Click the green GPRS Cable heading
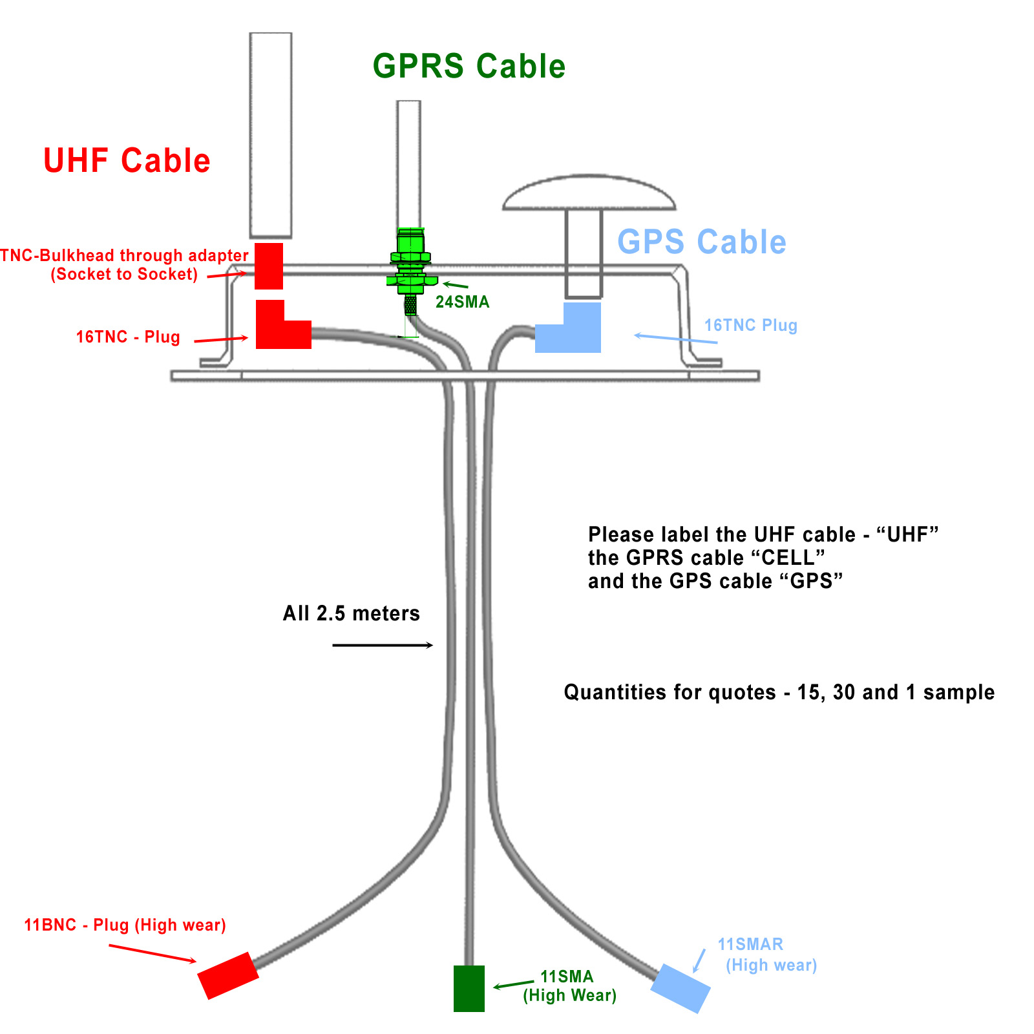click(469, 67)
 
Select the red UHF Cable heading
click(127, 161)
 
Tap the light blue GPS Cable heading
click(702, 242)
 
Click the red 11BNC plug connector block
click(228, 975)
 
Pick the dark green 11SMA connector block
click(469, 988)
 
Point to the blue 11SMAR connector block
click(681, 988)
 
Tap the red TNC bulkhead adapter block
click(269, 266)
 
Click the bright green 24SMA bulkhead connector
click(410, 265)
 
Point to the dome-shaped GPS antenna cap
click(589, 193)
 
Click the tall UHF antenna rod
click(271, 134)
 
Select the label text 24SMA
click(463, 302)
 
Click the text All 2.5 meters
click(352, 613)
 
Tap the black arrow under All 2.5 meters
click(383, 645)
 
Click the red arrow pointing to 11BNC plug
click(153, 953)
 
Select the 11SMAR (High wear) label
click(767, 955)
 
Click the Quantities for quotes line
click(779, 693)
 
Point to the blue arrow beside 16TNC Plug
click(675, 339)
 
